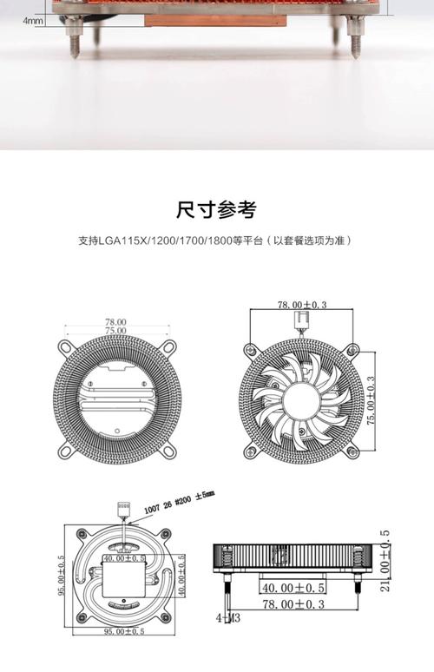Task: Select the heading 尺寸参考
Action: click(216, 209)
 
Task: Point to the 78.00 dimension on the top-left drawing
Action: click(115, 321)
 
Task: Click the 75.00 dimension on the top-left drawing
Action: click(115, 331)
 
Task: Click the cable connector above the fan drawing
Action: click(303, 322)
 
